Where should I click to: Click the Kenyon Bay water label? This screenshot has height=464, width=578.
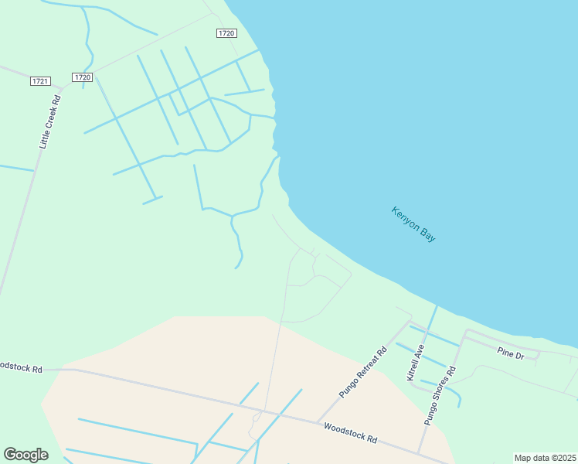(x=413, y=224)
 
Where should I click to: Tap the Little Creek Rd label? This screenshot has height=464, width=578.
(x=50, y=122)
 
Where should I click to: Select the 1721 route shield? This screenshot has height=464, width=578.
(x=40, y=81)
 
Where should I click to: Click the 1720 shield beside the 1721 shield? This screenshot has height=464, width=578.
(x=83, y=77)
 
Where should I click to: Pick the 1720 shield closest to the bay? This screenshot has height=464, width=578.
(x=226, y=33)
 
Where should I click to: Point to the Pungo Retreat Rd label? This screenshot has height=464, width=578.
(x=363, y=373)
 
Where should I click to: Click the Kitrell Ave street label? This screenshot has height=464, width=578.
(x=416, y=362)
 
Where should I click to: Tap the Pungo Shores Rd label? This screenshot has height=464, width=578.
(x=440, y=395)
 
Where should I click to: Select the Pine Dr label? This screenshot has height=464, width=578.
(x=511, y=354)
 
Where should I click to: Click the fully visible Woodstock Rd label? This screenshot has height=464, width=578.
(x=350, y=432)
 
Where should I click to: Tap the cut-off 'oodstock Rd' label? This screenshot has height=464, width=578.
(x=21, y=367)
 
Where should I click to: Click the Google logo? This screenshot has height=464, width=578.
(x=25, y=455)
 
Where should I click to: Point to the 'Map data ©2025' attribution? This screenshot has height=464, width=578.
(x=545, y=458)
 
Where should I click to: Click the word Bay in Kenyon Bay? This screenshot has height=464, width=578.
(x=427, y=234)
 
